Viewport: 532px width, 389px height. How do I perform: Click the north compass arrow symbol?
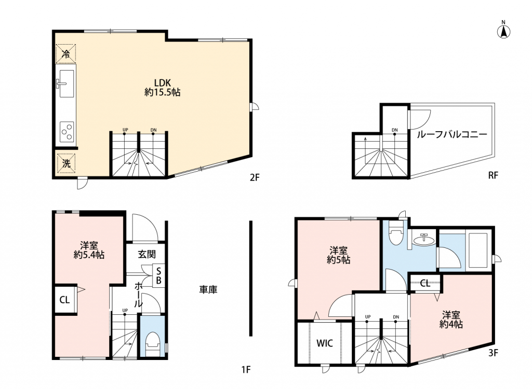click(504, 31)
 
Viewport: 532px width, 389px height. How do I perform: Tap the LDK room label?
click(163, 88)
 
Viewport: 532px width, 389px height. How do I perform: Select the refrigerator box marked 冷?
click(66, 53)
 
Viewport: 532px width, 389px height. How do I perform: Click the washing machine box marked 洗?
click(66, 164)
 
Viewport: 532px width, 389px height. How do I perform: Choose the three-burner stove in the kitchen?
click(67, 131)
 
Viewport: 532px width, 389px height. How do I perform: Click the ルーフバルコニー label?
click(451, 134)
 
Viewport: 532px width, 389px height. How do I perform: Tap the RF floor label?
click(493, 175)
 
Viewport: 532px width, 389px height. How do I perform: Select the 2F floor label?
click(255, 177)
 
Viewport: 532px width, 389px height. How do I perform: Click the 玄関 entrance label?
click(147, 254)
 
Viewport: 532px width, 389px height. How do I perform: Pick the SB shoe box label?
click(158, 276)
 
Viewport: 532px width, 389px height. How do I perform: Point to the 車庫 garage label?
click(208, 289)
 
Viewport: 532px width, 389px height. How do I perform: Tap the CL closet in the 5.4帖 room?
click(65, 300)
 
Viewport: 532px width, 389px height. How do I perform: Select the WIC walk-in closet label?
click(325, 343)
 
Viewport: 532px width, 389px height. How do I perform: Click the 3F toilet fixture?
click(395, 233)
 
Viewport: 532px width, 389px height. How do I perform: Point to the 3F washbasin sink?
click(423, 240)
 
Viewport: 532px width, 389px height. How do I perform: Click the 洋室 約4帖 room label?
click(451, 319)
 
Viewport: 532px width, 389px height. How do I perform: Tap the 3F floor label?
click(493, 353)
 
